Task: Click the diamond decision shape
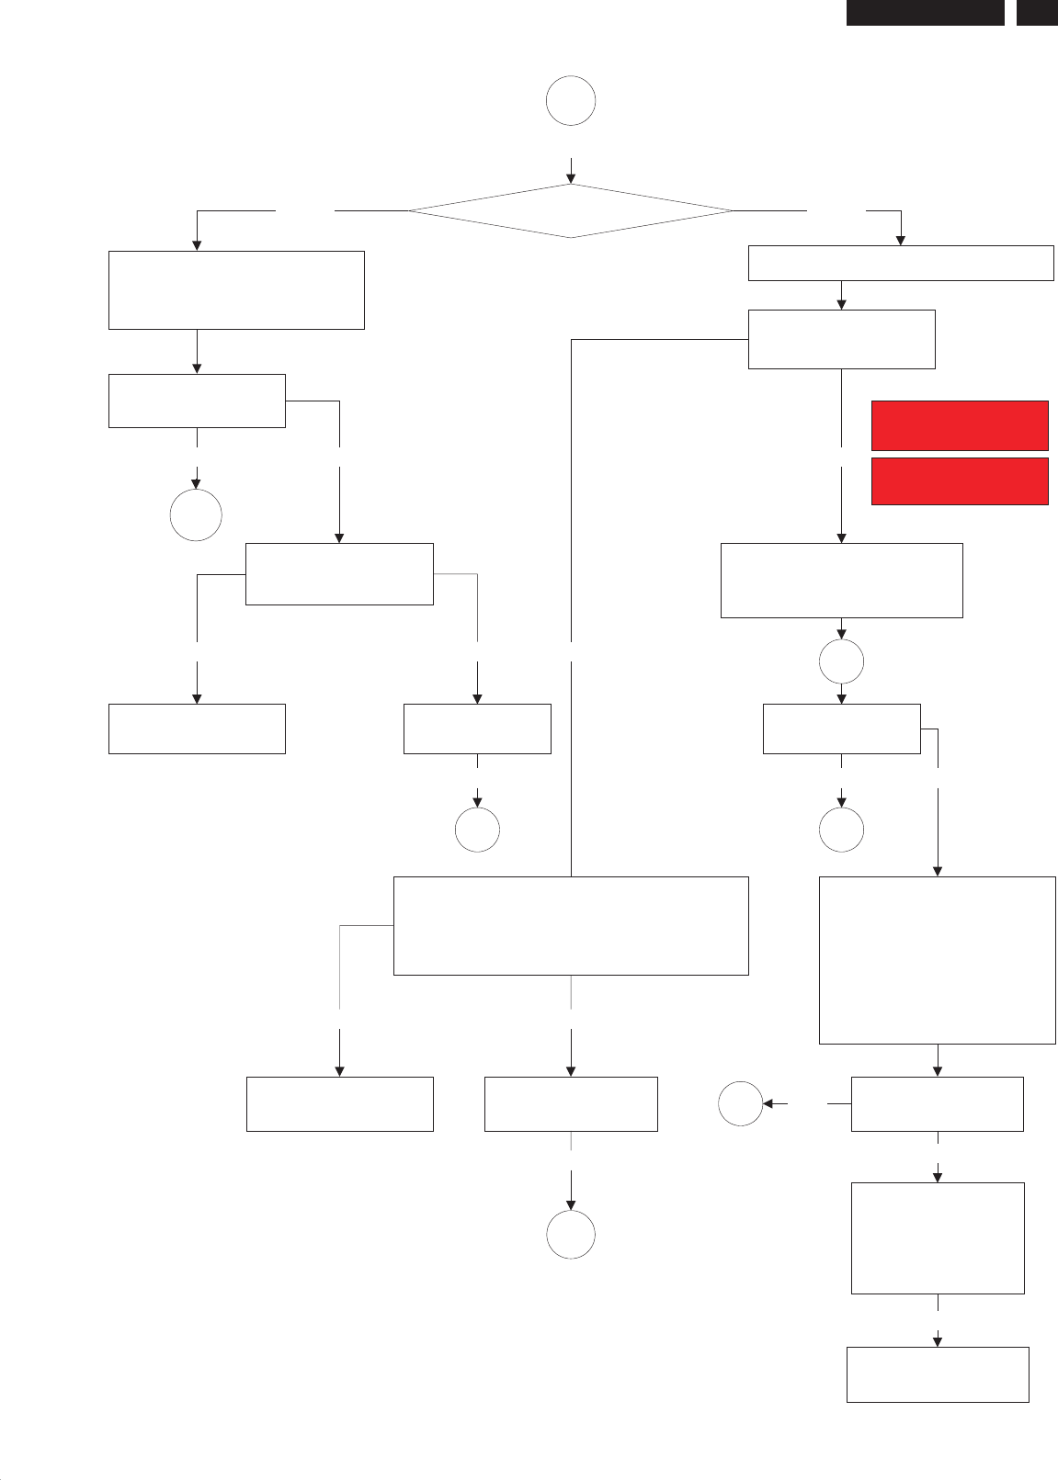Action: (x=570, y=211)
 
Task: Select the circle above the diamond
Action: (x=571, y=101)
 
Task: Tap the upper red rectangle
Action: (x=960, y=425)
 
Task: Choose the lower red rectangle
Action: (x=960, y=481)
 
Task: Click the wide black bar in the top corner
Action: (x=925, y=12)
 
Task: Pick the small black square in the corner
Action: (x=1037, y=12)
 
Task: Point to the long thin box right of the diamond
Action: (x=900, y=263)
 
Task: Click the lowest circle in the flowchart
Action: (x=571, y=1234)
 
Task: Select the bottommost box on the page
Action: (x=937, y=1374)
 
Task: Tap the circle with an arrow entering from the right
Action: (x=740, y=1103)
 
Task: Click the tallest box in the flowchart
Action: (x=937, y=960)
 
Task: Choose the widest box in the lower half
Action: (x=571, y=925)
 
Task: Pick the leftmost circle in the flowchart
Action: (x=196, y=515)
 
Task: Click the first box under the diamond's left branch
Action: (x=236, y=289)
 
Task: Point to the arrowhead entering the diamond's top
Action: (x=571, y=179)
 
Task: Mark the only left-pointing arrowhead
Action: (x=768, y=1103)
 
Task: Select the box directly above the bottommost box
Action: (x=938, y=1237)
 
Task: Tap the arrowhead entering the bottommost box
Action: (x=938, y=1341)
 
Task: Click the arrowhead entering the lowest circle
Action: (x=571, y=1204)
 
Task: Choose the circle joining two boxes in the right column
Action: (x=841, y=661)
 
